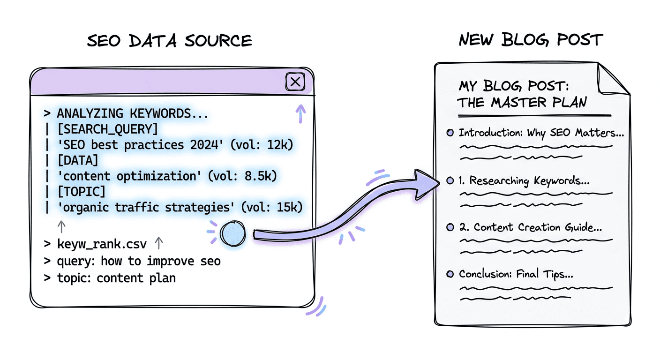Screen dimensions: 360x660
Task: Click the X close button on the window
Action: [295, 82]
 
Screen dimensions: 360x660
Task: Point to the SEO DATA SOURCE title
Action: [170, 41]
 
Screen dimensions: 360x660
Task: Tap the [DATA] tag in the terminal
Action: [78, 160]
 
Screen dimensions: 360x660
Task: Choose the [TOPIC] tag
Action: [81, 191]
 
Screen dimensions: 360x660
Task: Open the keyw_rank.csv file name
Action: [102, 244]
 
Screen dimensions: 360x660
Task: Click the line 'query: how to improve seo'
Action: [138, 261]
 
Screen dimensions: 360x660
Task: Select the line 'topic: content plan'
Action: [116, 277]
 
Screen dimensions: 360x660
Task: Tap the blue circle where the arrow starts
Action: [232, 234]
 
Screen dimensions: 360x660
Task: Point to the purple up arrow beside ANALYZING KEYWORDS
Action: [300, 112]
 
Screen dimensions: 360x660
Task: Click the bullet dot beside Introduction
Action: [450, 133]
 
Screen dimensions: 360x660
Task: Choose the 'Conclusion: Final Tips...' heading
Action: [516, 274]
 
